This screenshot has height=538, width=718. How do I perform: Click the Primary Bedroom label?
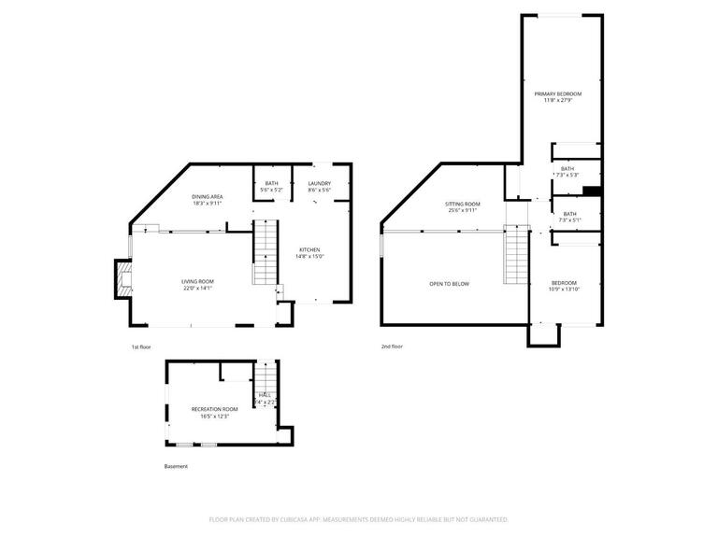pyautogui.click(x=558, y=93)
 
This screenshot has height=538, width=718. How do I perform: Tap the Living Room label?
pyautogui.click(x=197, y=281)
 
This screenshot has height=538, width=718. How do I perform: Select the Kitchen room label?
pyautogui.click(x=309, y=249)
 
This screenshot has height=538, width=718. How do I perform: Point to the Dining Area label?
pyautogui.click(x=207, y=196)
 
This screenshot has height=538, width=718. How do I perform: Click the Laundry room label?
pyautogui.click(x=319, y=183)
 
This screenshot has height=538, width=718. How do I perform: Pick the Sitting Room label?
pyautogui.click(x=462, y=204)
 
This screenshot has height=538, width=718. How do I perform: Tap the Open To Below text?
pyautogui.click(x=449, y=284)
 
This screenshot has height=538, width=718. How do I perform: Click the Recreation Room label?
pyautogui.click(x=214, y=409)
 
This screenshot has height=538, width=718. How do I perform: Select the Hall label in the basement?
pyautogui.click(x=265, y=395)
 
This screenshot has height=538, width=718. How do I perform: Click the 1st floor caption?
pyautogui.click(x=141, y=347)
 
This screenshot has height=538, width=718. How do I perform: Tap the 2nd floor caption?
pyautogui.click(x=392, y=347)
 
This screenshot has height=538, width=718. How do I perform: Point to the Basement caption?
pyautogui.click(x=176, y=466)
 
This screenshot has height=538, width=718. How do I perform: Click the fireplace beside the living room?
pyautogui.click(x=122, y=280)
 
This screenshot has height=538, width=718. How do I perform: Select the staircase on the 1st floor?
pyautogui.click(x=266, y=252)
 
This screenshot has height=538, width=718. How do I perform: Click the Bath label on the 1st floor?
pyautogui.click(x=271, y=183)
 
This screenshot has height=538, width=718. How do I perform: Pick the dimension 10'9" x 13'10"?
pyautogui.click(x=563, y=290)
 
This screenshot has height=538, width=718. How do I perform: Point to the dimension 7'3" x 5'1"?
pyautogui.click(x=569, y=220)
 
